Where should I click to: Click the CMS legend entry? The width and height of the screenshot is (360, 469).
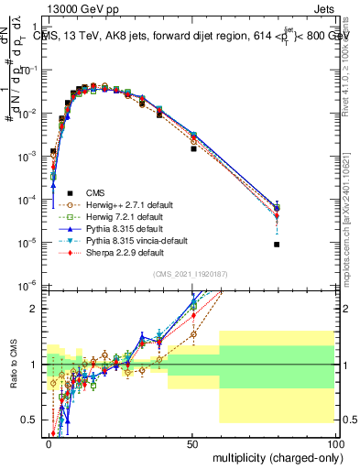pyautogui.click(x=95, y=192)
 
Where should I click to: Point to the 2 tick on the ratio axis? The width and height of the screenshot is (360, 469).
pyautogui.click(x=38, y=309)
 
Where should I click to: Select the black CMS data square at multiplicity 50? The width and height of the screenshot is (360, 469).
pyautogui.click(x=193, y=148)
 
